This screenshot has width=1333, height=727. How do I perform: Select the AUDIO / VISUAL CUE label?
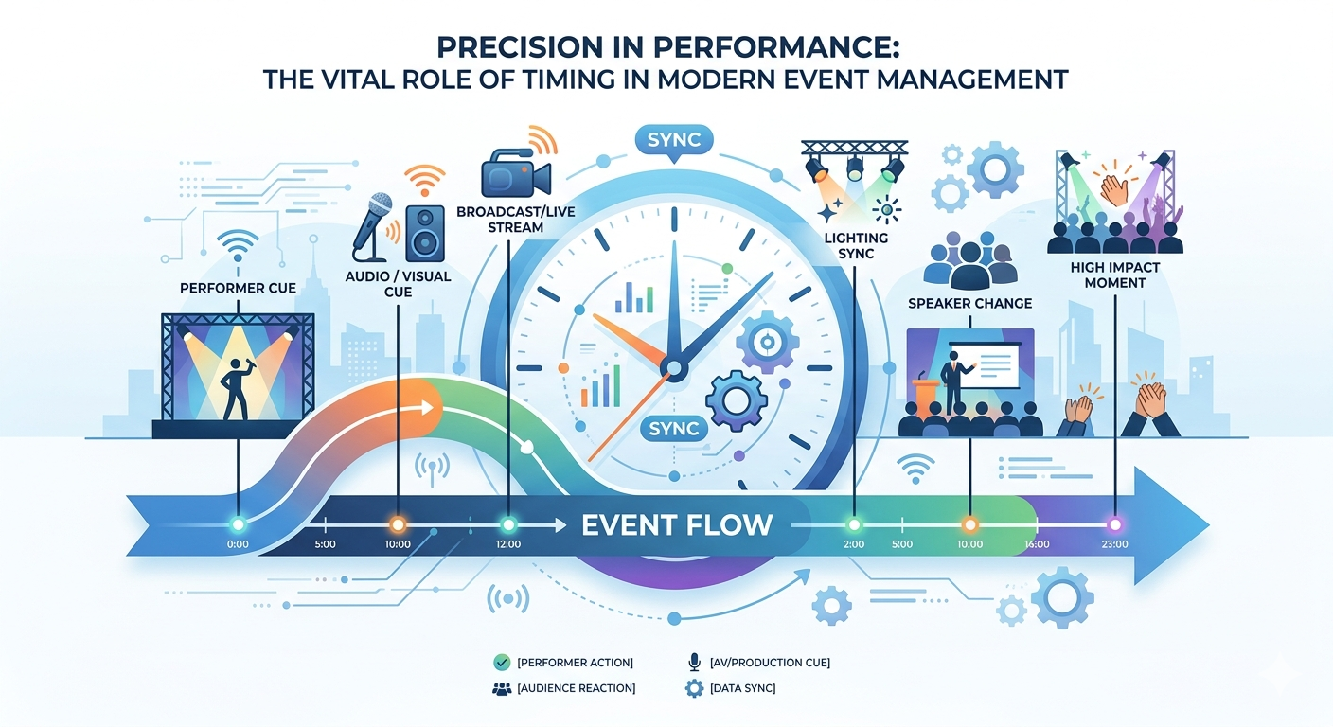[399, 284]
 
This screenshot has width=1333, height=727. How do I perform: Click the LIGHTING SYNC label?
[856, 245]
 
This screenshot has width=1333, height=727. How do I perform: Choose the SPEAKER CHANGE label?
[969, 303]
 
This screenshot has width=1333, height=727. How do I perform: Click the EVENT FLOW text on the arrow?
[677, 523]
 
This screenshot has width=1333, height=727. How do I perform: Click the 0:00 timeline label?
[239, 544]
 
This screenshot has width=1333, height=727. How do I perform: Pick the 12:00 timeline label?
[508, 544]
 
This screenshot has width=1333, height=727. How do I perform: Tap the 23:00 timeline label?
[1114, 544]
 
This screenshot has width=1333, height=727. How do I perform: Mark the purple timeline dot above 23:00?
[1114, 523]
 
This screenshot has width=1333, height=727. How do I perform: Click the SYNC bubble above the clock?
[674, 141]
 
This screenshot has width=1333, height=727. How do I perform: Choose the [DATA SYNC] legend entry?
[741, 688]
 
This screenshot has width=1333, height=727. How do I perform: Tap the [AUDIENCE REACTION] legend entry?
[576, 688]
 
